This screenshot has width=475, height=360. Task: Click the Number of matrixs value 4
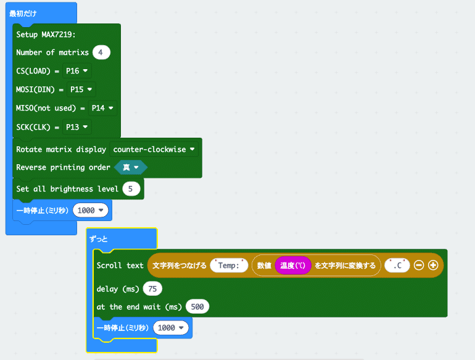(x=101, y=52)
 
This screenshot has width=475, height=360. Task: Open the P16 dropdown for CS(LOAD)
(x=76, y=71)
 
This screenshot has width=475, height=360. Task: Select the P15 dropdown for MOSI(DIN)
(x=81, y=90)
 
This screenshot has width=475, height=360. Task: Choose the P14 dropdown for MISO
(x=102, y=108)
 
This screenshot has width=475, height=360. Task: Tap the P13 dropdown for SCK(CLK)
(x=76, y=127)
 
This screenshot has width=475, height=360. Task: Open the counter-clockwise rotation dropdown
(x=154, y=149)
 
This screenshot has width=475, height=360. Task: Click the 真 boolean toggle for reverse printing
(x=131, y=167)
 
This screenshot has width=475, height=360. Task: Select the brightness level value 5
(x=131, y=189)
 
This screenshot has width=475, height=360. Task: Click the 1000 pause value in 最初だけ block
(x=90, y=210)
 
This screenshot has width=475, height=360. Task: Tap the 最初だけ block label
(x=23, y=14)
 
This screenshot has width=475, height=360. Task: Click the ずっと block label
(x=99, y=239)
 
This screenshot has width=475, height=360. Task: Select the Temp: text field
(x=229, y=266)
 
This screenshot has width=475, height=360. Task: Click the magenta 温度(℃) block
(x=293, y=266)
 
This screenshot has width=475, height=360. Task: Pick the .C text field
(x=397, y=266)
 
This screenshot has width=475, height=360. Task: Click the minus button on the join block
(x=419, y=266)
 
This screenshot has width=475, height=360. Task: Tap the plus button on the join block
(x=433, y=266)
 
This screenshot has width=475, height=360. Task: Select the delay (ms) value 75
(x=152, y=289)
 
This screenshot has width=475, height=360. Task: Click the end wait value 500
(x=197, y=307)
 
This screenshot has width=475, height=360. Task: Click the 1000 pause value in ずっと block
(x=171, y=327)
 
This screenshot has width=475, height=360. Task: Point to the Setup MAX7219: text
(x=46, y=35)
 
